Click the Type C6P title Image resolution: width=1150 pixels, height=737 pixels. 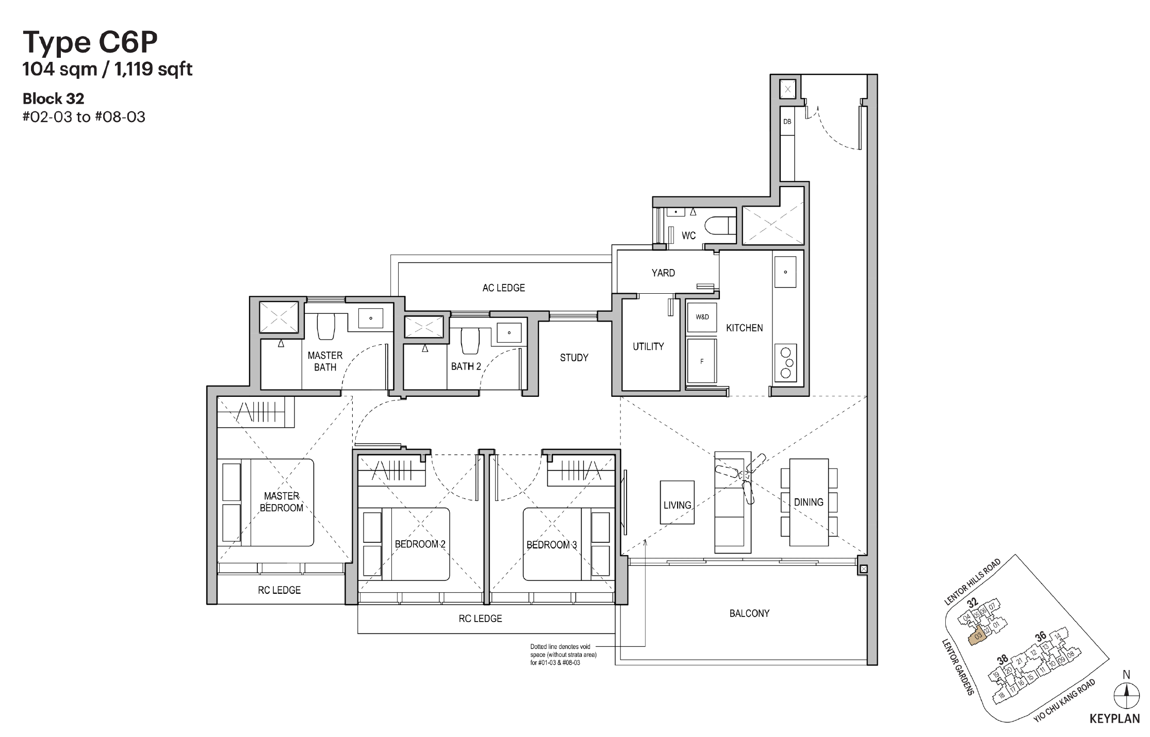[x=90, y=42]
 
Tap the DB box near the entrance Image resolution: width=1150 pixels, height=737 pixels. [x=787, y=122]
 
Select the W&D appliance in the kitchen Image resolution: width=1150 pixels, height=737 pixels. [x=702, y=317]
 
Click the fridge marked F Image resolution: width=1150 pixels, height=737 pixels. [x=702, y=361]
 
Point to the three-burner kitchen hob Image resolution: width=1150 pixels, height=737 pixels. [x=785, y=363]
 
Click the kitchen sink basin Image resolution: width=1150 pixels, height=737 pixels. [x=785, y=272]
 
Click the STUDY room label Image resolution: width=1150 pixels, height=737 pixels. [x=574, y=358]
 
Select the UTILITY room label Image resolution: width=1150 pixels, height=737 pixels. [x=648, y=347]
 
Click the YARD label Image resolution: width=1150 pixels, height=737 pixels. [x=663, y=273]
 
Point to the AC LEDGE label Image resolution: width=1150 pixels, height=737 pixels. [x=503, y=288]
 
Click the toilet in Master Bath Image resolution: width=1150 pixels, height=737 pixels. [x=326, y=327]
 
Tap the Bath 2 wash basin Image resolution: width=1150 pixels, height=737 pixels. [x=508, y=332]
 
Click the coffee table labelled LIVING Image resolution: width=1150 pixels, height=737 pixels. [x=677, y=502]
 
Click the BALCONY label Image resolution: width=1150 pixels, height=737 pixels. [x=749, y=613]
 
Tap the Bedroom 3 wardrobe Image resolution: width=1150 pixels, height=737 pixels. [x=581, y=472]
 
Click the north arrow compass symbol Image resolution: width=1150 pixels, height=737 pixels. [x=1126, y=696]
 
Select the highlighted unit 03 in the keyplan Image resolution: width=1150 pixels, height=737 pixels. [x=977, y=637]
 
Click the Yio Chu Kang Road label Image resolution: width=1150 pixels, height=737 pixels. [x=1064, y=700]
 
